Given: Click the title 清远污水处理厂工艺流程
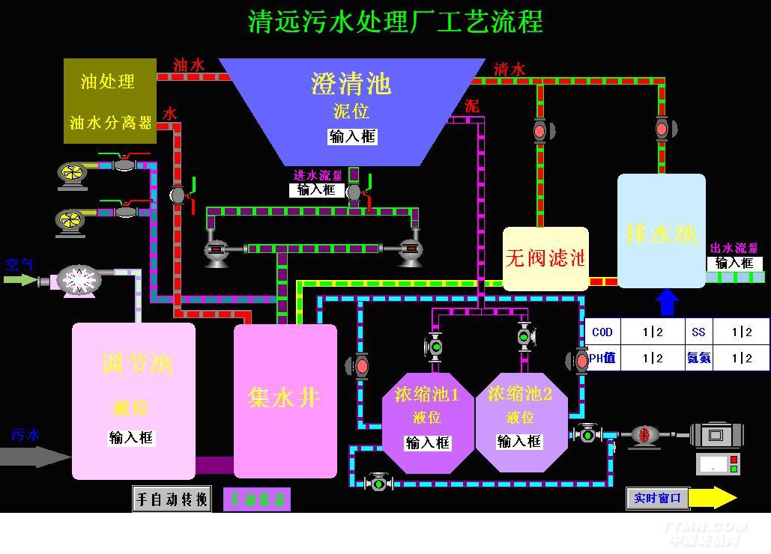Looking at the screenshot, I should click(x=395, y=21).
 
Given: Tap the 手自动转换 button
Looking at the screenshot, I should click(x=172, y=499).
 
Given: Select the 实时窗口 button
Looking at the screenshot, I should click(x=657, y=498).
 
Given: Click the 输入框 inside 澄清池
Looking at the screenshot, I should click(x=352, y=136).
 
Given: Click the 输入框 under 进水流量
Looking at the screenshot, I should click(x=316, y=190).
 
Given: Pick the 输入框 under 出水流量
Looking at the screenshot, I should click(x=734, y=263).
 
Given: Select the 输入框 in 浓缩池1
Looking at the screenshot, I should click(x=429, y=442).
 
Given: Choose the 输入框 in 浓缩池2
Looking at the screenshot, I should click(x=519, y=442).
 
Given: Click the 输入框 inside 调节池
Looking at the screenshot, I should click(x=131, y=438).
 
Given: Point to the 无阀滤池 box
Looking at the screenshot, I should click(x=545, y=259).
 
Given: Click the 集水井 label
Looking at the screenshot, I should click(x=284, y=397).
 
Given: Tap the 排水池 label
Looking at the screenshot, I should click(x=661, y=234).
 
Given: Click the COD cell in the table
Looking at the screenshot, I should click(x=602, y=332).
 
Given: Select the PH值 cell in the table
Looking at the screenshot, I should click(x=602, y=358).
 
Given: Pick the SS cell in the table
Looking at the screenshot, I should click(x=698, y=332).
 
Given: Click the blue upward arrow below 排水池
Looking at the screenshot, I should click(x=666, y=302).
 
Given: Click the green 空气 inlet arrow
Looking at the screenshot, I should click(x=19, y=280).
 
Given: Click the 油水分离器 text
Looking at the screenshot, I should click(x=110, y=122).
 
